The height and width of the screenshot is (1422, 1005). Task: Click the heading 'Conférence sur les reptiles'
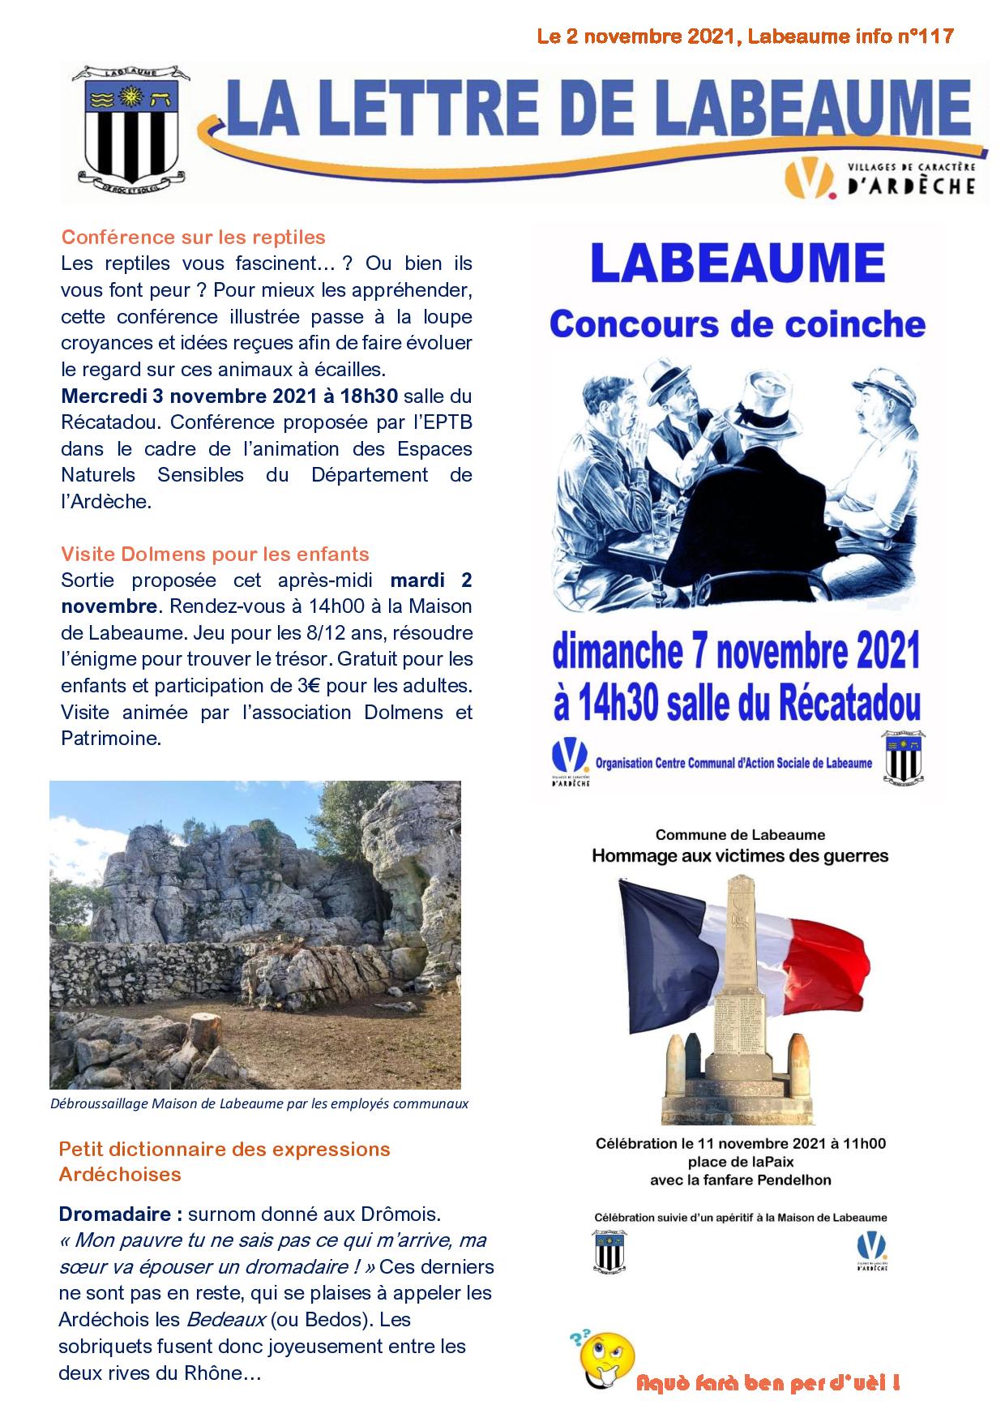point(193,237)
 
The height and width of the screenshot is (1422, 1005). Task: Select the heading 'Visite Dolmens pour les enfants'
point(215,555)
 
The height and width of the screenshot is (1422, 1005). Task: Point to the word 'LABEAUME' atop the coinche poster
point(738,263)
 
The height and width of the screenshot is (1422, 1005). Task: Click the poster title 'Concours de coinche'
point(738,324)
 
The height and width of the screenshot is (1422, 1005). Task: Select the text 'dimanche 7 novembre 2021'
point(736,653)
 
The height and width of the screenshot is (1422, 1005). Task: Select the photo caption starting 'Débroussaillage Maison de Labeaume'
point(259,1103)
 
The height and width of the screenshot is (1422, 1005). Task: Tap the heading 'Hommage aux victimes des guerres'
point(740,855)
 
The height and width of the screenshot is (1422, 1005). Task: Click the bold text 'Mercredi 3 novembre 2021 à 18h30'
point(229,396)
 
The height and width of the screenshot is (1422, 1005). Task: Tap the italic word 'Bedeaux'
point(229,1319)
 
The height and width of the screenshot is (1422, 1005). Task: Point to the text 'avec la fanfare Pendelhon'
point(740,1180)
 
